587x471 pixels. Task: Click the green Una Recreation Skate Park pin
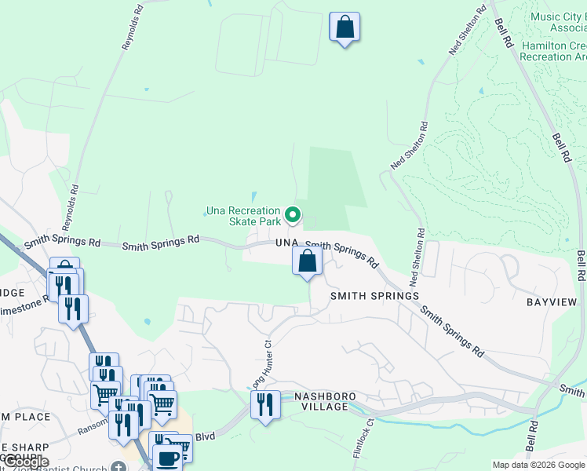[293, 214]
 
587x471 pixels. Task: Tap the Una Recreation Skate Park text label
[242, 217]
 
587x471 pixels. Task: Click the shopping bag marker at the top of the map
[344, 27]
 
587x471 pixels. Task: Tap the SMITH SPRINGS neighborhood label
[374, 296]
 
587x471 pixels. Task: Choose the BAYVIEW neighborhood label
[551, 302]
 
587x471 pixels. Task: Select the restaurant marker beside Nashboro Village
[265, 406]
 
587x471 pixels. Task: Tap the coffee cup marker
[167, 458]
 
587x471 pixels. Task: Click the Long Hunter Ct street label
[261, 363]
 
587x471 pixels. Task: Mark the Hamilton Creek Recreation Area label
[553, 52]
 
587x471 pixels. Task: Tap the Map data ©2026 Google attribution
[538, 465]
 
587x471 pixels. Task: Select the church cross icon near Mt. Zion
[118, 467]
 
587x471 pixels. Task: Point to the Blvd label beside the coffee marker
[205, 436]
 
